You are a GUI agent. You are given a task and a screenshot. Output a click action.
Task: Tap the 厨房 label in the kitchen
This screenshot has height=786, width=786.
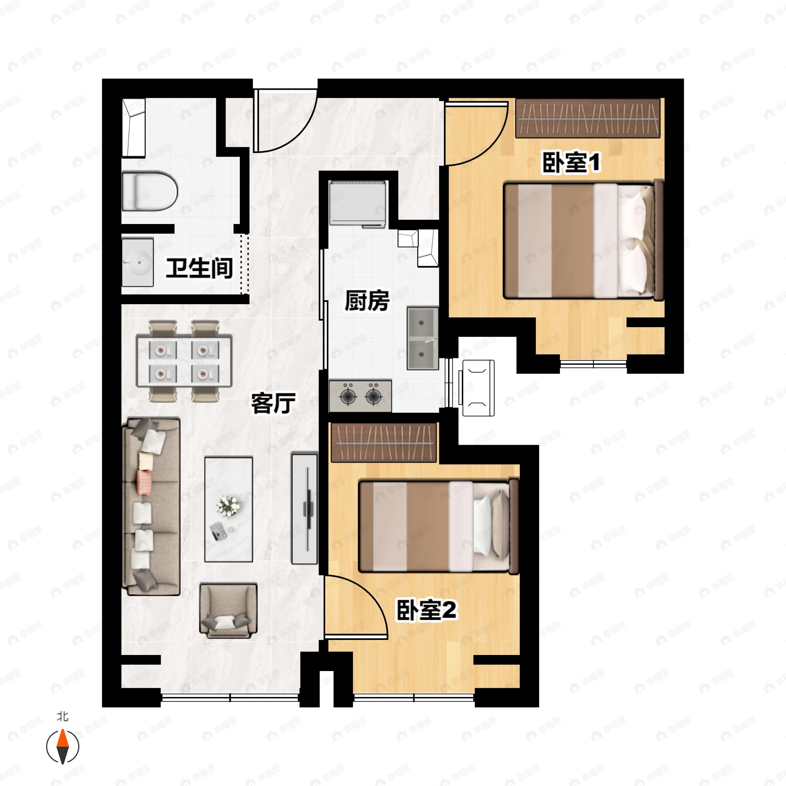click(x=366, y=301)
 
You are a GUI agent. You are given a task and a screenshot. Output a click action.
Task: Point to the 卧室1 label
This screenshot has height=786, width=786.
click(x=571, y=162)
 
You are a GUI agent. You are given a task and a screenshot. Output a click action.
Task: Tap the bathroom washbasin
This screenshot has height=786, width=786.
click(x=138, y=262)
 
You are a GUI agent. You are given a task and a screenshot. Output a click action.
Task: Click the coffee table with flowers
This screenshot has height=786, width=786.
click(x=229, y=509)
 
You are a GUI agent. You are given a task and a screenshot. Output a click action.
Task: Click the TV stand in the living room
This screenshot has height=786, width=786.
click(x=304, y=509)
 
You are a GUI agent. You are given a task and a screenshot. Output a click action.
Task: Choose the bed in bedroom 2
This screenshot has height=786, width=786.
click(x=439, y=526)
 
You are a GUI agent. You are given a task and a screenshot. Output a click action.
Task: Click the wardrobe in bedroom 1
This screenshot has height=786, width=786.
click(x=588, y=118)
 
